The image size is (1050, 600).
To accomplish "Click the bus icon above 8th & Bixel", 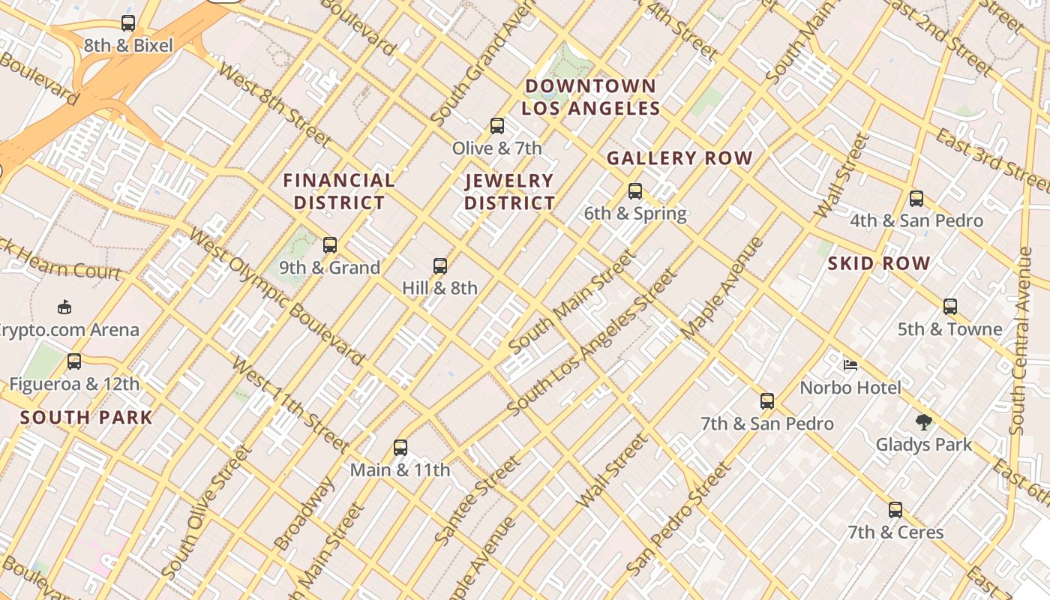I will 128,23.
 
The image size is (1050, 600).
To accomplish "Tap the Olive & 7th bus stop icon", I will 496,125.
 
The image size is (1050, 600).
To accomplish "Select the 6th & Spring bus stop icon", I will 635,191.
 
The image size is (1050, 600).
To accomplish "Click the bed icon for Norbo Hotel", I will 850,365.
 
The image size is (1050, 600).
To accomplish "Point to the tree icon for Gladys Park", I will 924,422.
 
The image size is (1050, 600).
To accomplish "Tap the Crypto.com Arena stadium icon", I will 64,307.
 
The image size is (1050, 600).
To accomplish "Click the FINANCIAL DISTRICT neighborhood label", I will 339,191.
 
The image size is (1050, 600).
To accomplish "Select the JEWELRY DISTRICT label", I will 509,191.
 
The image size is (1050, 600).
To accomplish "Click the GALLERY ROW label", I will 679,158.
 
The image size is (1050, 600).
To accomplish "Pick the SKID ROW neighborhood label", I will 879,263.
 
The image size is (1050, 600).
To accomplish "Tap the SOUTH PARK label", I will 86,418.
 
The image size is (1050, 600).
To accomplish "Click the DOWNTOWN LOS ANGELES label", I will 591,97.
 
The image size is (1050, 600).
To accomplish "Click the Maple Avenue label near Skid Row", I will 723,288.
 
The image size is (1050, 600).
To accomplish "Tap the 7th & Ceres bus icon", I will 895,510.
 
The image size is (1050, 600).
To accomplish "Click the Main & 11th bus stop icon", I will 400,448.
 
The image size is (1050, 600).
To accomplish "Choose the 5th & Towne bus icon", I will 950,307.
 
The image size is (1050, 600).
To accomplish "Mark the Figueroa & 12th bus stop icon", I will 74,361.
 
